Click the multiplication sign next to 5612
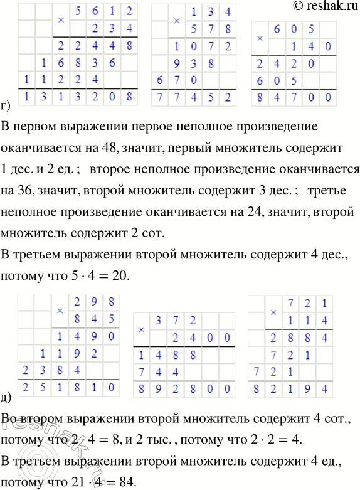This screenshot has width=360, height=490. point(61,19)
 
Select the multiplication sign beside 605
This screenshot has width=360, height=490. point(260,37)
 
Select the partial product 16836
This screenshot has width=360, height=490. point(68,63)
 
